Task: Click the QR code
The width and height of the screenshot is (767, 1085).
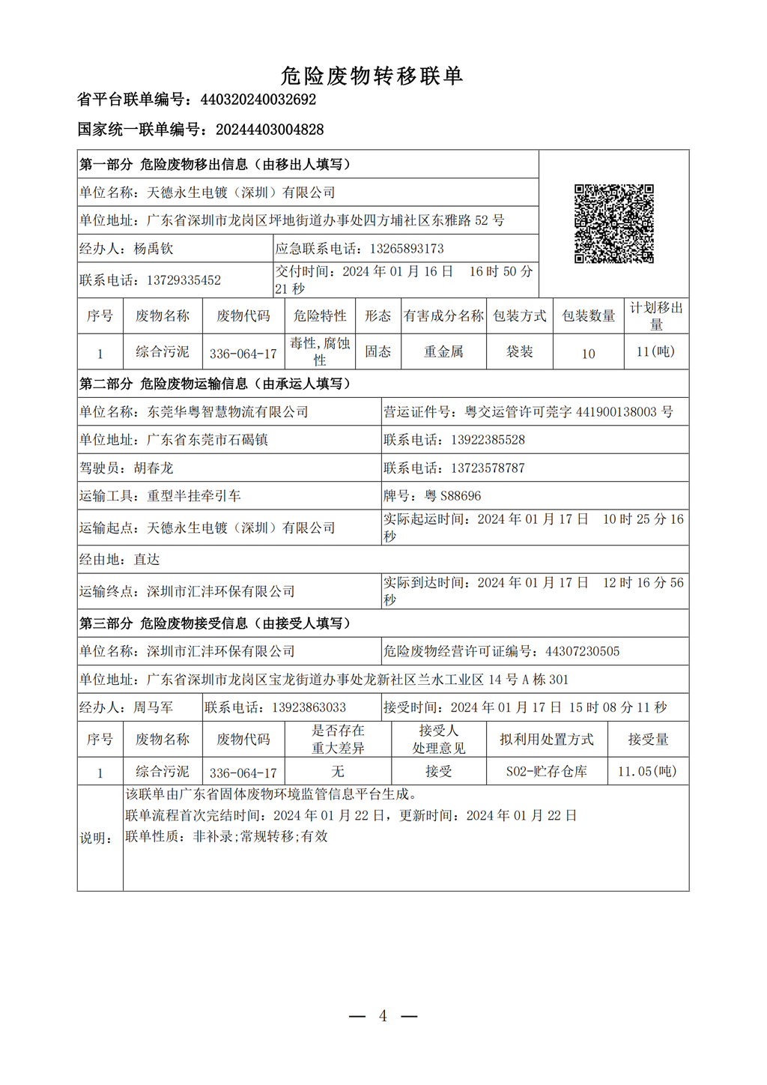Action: coord(613,223)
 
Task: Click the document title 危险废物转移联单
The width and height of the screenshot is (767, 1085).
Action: coord(372,76)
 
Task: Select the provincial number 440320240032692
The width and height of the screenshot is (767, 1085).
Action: coord(258,100)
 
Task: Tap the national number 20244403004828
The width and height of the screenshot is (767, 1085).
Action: coord(270,130)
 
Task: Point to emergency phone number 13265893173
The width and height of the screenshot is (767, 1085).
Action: coord(407,249)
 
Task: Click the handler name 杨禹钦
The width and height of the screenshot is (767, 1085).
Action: coord(154,249)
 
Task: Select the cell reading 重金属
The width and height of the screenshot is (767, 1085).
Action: coord(443,351)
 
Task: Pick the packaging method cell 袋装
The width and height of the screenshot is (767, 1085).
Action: coord(519,351)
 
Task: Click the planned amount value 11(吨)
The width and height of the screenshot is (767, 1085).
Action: coord(655,351)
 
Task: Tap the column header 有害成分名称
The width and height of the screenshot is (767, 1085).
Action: coord(443,316)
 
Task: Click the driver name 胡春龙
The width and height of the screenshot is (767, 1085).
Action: coord(154,468)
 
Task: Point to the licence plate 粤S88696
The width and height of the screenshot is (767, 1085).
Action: coord(453,496)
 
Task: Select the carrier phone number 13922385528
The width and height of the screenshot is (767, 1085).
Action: coord(488,440)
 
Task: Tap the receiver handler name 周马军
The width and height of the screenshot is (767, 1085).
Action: coord(154,707)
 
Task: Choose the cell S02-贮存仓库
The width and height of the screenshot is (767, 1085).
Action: coord(546,771)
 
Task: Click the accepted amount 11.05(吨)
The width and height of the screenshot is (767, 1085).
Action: coord(647,771)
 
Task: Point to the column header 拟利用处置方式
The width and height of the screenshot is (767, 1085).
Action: coord(546,740)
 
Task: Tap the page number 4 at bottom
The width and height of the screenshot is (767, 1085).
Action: coord(383,1016)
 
